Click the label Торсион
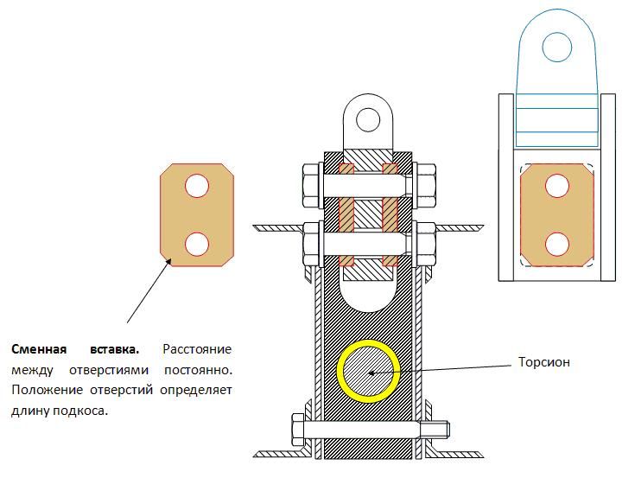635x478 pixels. (x=544, y=362)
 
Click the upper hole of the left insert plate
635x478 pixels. (x=197, y=186)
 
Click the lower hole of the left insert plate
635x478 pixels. (x=197, y=243)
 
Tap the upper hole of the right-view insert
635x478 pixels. (x=557, y=186)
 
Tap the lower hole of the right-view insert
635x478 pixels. (x=557, y=243)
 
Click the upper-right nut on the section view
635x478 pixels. (x=425, y=182)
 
